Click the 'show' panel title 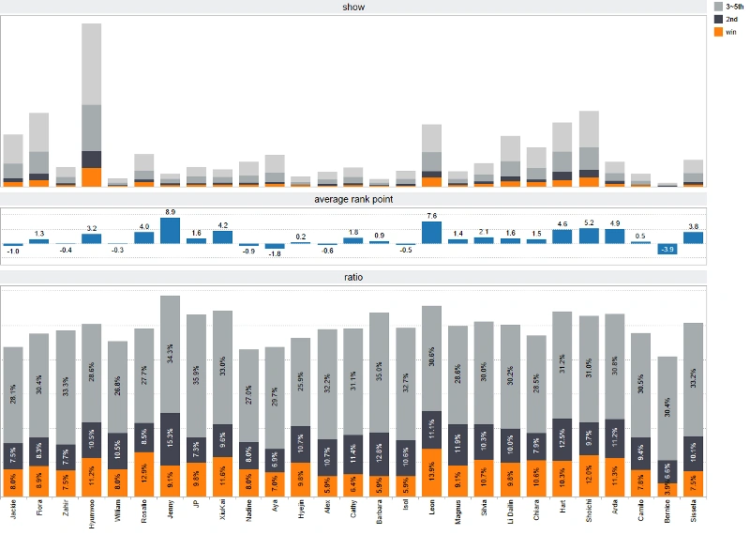coord(353,8)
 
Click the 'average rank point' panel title coord(353,199)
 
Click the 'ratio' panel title coord(353,277)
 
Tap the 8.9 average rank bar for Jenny coord(170,231)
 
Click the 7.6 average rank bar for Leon coord(431,233)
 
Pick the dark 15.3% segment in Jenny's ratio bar coord(170,438)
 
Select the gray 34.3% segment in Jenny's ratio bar coord(170,355)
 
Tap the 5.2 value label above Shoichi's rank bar coord(589,222)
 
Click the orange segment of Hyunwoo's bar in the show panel coord(92,176)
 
